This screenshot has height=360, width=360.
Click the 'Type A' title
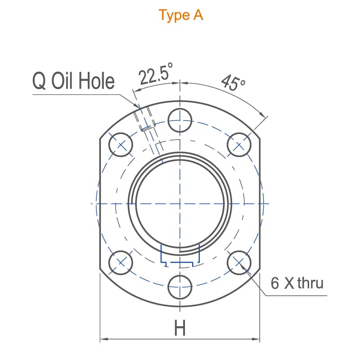point(181,15)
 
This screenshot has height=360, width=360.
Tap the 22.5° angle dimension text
point(156,74)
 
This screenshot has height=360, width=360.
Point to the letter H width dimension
point(180,328)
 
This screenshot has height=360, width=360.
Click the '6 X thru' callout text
point(297,283)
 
